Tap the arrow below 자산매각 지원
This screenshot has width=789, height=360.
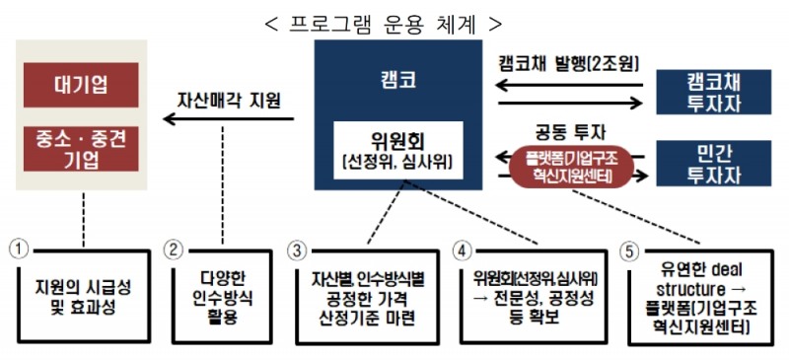(229, 120)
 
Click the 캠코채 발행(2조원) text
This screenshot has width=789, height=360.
(569, 65)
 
